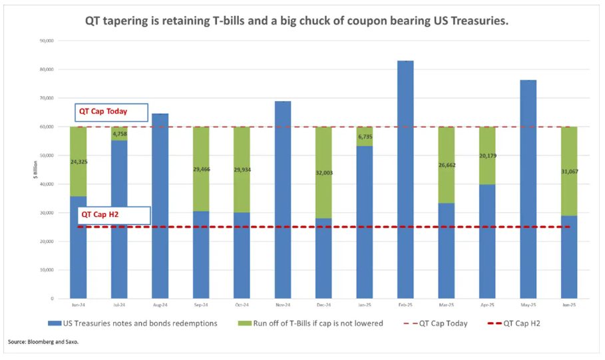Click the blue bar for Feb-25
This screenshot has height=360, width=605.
405,180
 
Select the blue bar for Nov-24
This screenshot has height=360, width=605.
283,200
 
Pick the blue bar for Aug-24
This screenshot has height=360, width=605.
160,206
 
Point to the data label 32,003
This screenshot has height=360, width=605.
323,172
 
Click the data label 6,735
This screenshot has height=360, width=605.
364,136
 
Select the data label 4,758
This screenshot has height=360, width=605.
119,134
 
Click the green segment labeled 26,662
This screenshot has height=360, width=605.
447,174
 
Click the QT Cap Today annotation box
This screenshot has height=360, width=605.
110,112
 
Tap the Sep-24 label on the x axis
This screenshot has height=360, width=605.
201,305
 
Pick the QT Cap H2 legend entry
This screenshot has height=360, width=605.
522,323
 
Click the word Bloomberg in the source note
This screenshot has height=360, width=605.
43,342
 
